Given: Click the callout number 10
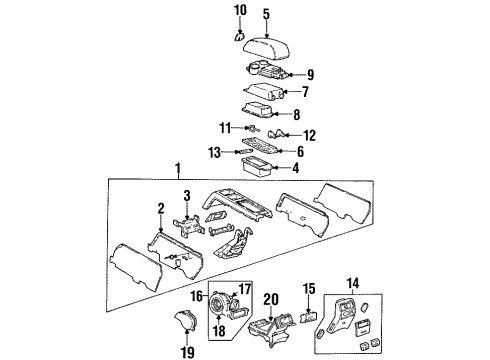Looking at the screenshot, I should (x=240, y=11).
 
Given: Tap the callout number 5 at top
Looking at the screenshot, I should (x=266, y=14).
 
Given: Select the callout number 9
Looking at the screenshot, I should (x=311, y=73).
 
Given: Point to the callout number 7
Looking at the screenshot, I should (x=307, y=92).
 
